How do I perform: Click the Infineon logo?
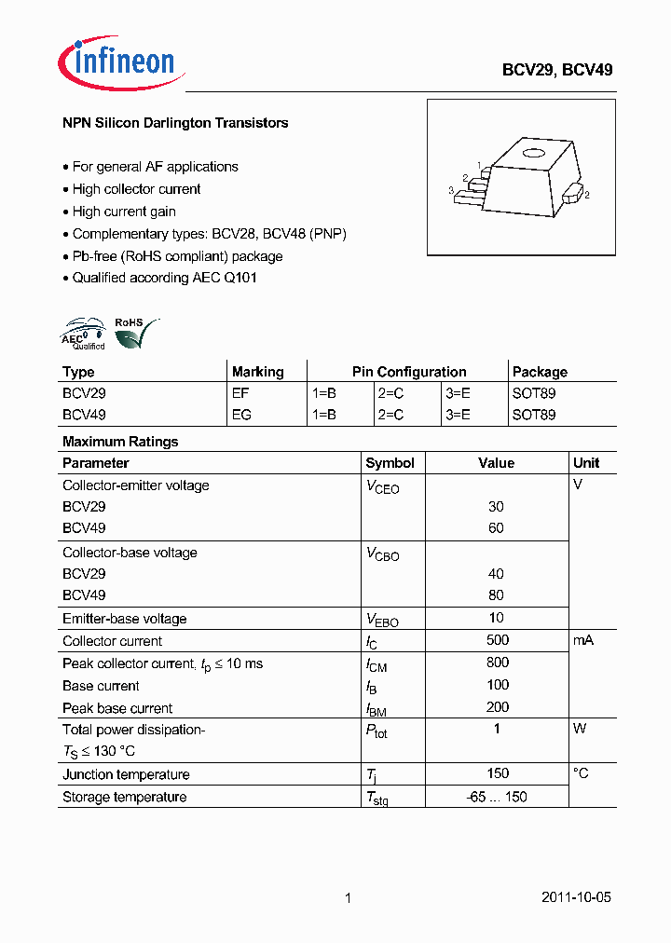pos(118,61)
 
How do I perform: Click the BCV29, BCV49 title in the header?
pos(557,70)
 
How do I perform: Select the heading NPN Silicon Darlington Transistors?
pos(175,123)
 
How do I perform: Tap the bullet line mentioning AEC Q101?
pos(164,278)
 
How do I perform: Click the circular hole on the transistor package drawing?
pos(532,155)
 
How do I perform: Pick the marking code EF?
pos(240,393)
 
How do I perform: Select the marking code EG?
pos(241,415)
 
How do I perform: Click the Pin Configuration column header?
pos(408,372)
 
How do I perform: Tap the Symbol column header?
pos(390,463)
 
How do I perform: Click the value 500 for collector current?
pos(497,640)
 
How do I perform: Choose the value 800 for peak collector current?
pos(497,663)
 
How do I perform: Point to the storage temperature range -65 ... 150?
pos(497,797)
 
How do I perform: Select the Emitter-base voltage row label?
pos(124,619)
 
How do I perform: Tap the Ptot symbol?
pos(377,731)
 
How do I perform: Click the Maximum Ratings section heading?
pos(120,442)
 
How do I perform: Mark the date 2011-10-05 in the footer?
pos(576,898)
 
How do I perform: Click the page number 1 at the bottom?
pos(348,898)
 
